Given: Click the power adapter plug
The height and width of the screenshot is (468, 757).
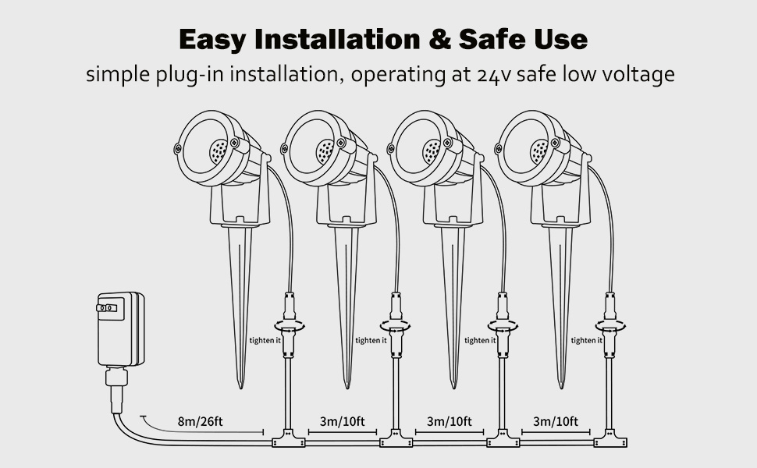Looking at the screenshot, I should coord(119,329).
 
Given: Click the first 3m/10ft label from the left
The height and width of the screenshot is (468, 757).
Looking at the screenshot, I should coord(342,422).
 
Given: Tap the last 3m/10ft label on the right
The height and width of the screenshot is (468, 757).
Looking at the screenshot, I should coord(556,422).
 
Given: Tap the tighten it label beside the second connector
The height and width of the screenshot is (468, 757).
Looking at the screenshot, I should coord(371,340).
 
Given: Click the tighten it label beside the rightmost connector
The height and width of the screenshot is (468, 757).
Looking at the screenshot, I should coord(586,340).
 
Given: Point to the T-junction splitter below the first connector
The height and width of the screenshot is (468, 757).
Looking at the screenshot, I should coord(287,441).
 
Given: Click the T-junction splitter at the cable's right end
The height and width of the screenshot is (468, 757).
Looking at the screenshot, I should coord(610,441).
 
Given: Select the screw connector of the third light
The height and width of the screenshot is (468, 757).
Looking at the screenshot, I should coord(503,326).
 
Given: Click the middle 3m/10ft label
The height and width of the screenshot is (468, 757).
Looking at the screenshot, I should coord(450,422).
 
